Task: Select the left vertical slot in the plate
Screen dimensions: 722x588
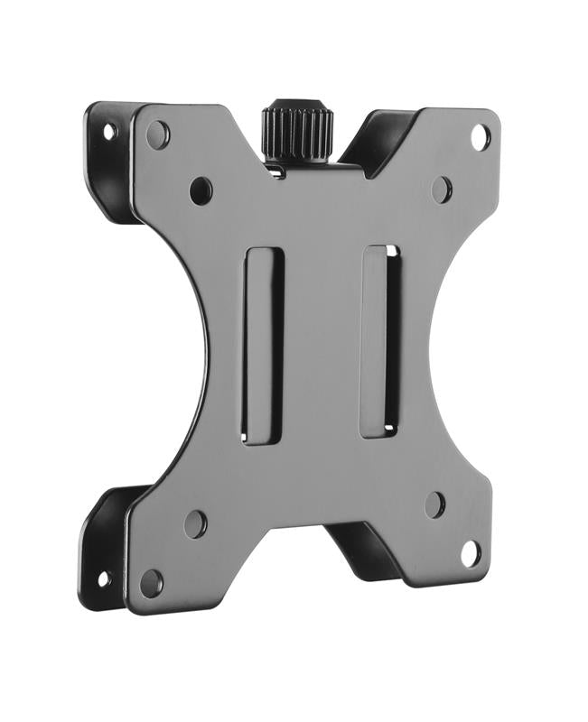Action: (x=263, y=346)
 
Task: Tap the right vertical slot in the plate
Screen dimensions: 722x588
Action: (x=380, y=341)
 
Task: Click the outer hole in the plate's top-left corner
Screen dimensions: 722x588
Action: (x=157, y=135)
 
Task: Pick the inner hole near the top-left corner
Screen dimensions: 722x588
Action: (x=201, y=190)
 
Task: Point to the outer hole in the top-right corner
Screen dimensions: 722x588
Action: (x=481, y=137)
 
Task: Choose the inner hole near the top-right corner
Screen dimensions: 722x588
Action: (x=441, y=189)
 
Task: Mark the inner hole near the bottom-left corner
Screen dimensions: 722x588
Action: (x=195, y=523)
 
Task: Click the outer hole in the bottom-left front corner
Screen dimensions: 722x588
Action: (x=151, y=583)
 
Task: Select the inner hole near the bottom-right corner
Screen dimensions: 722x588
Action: (x=435, y=504)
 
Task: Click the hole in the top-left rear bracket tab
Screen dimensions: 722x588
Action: (x=109, y=132)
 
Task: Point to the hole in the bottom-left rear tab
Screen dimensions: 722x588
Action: (x=104, y=579)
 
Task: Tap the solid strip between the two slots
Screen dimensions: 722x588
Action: (x=322, y=343)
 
